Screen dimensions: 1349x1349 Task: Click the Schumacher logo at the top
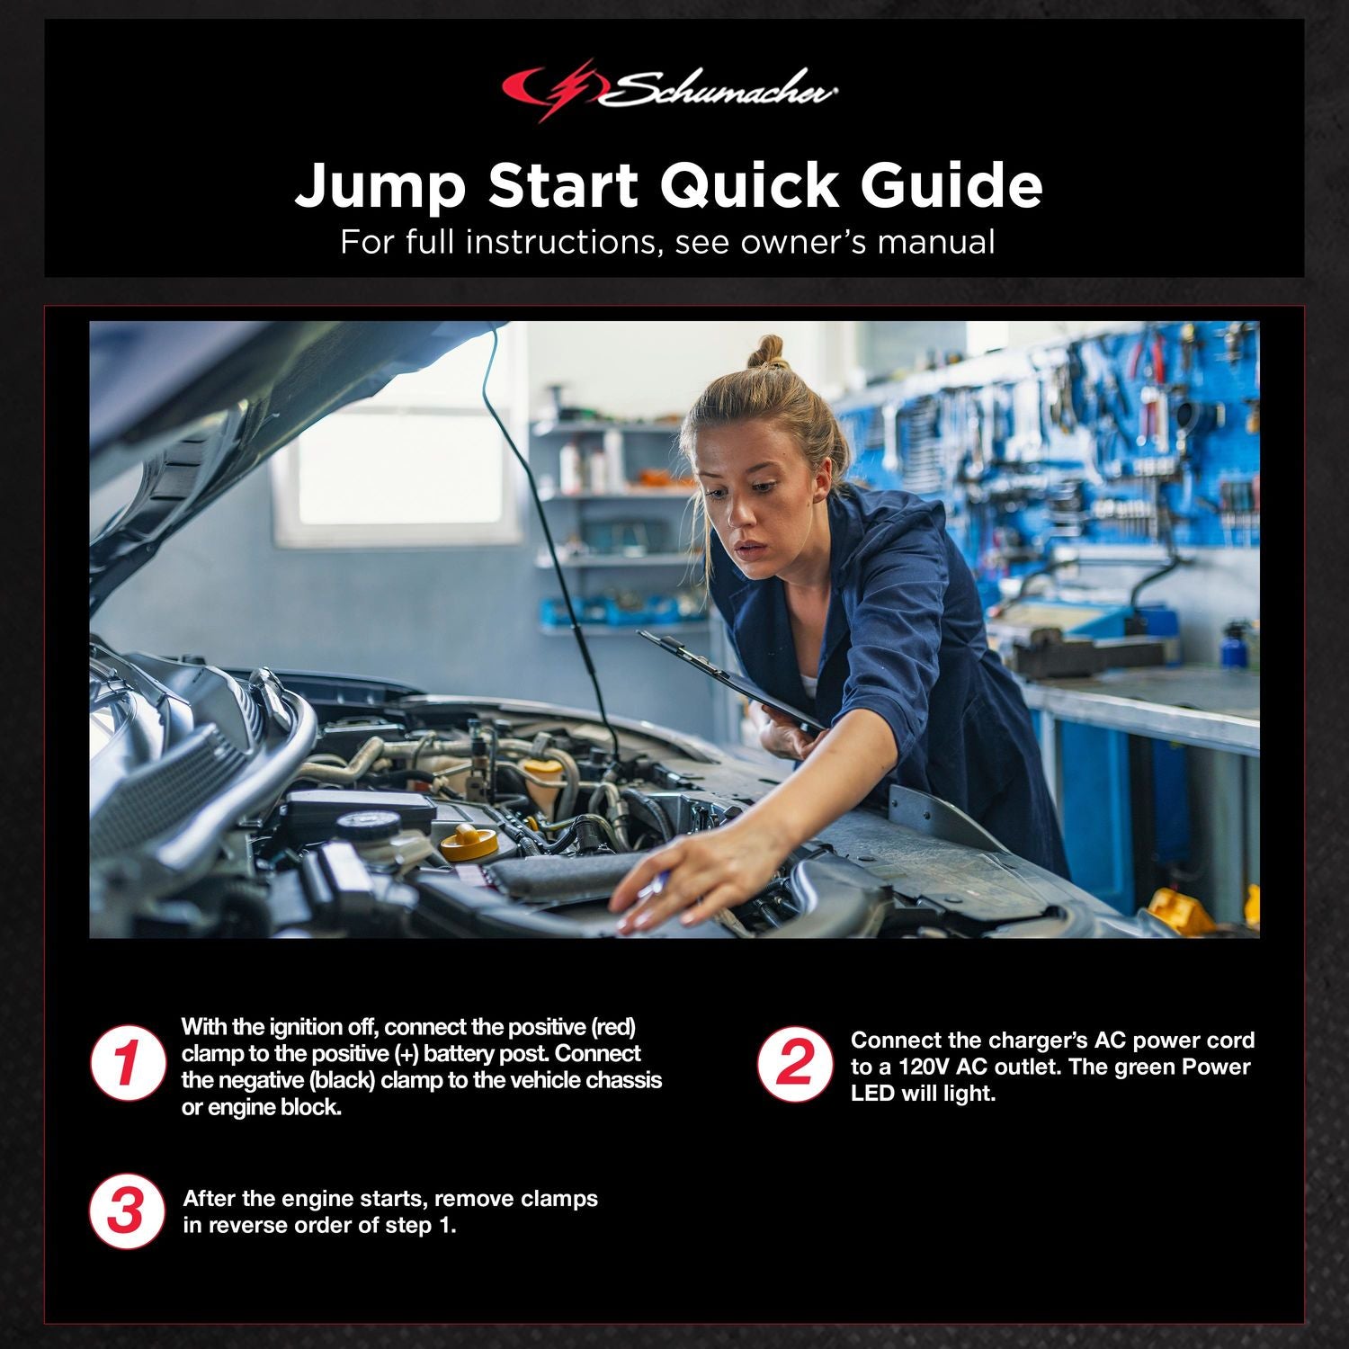[670, 90]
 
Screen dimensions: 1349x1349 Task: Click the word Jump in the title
[380, 186]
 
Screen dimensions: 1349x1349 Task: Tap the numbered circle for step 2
[794, 1064]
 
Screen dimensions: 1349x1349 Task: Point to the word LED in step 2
[872, 1094]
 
